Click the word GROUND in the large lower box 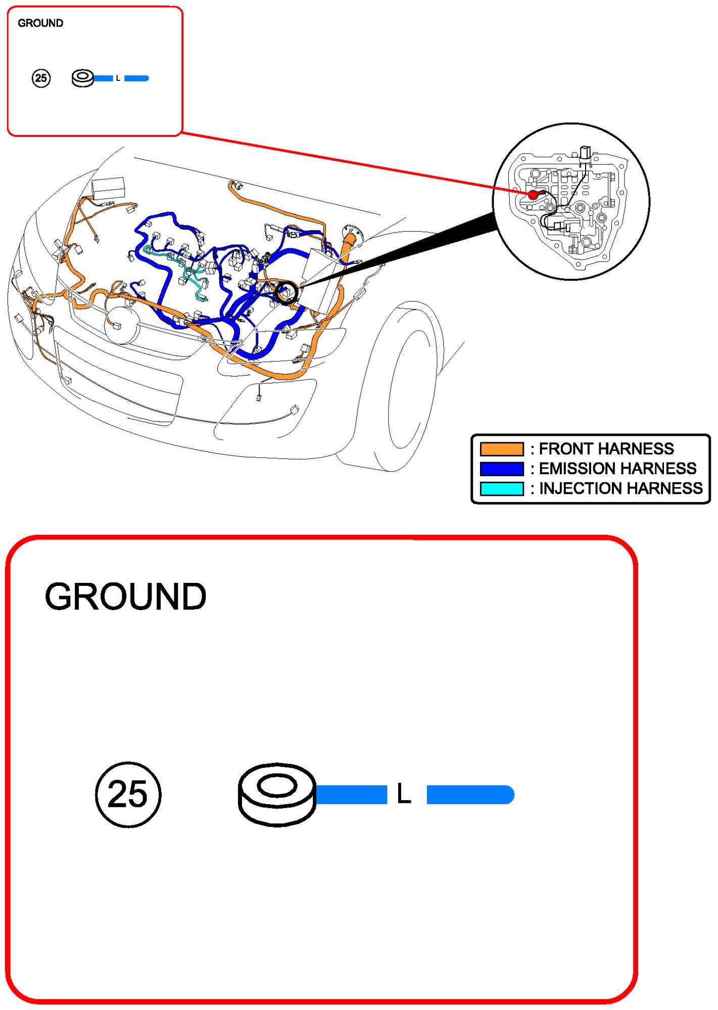(x=125, y=596)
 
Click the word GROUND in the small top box (x=40, y=23)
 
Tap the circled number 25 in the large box (x=128, y=794)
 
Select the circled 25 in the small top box (x=41, y=78)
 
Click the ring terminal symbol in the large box (x=276, y=794)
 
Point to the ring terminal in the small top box (x=83, y=78)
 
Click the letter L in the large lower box (x=404, y=794)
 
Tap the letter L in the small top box (x=118, y=78)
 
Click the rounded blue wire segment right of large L (x=470, y=794)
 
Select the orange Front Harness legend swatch (x=501, y=449)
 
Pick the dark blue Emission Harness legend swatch (x=501, y=469)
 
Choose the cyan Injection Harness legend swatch (x=501, y=488)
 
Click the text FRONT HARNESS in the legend (x=606, y=449)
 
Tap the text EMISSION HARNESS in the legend (x=617, y=469)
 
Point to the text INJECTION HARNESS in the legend (x=620, y=488)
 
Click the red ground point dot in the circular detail (x=533, y=195)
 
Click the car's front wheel (x=404, y=389)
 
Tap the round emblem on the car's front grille (x=122, y=325)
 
